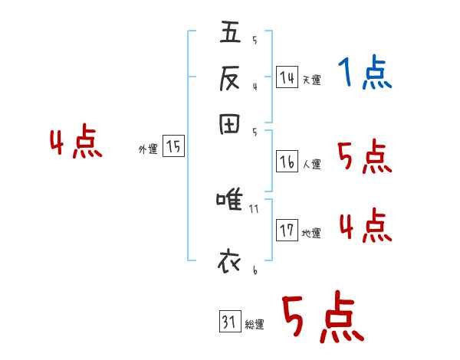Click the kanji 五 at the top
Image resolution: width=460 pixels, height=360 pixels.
click(x=231, y=34)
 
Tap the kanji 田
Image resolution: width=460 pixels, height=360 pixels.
click(x=231, y=125)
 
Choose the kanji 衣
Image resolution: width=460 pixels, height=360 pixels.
click(x=231, y=261)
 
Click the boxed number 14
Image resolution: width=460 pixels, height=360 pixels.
click(x=287, y=77)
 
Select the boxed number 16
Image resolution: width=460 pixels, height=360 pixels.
click(x=287, y=161)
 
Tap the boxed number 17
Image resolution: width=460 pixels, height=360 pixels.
click(x=287, y=231)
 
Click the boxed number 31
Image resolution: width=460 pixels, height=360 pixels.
click(x=228, y=322)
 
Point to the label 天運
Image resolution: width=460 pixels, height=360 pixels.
click(x=311, y=80)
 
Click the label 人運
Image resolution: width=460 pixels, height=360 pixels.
click(x=312, y=163)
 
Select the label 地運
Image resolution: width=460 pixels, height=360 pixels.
click(x=311, y=234)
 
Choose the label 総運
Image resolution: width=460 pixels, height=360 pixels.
click(x=254, y=325)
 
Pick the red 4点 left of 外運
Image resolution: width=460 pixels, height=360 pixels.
click(x=76, y=144)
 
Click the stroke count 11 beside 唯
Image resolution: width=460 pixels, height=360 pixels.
click(x=255, y=208)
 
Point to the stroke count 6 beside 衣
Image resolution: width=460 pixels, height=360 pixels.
click(x=254, y=270)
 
